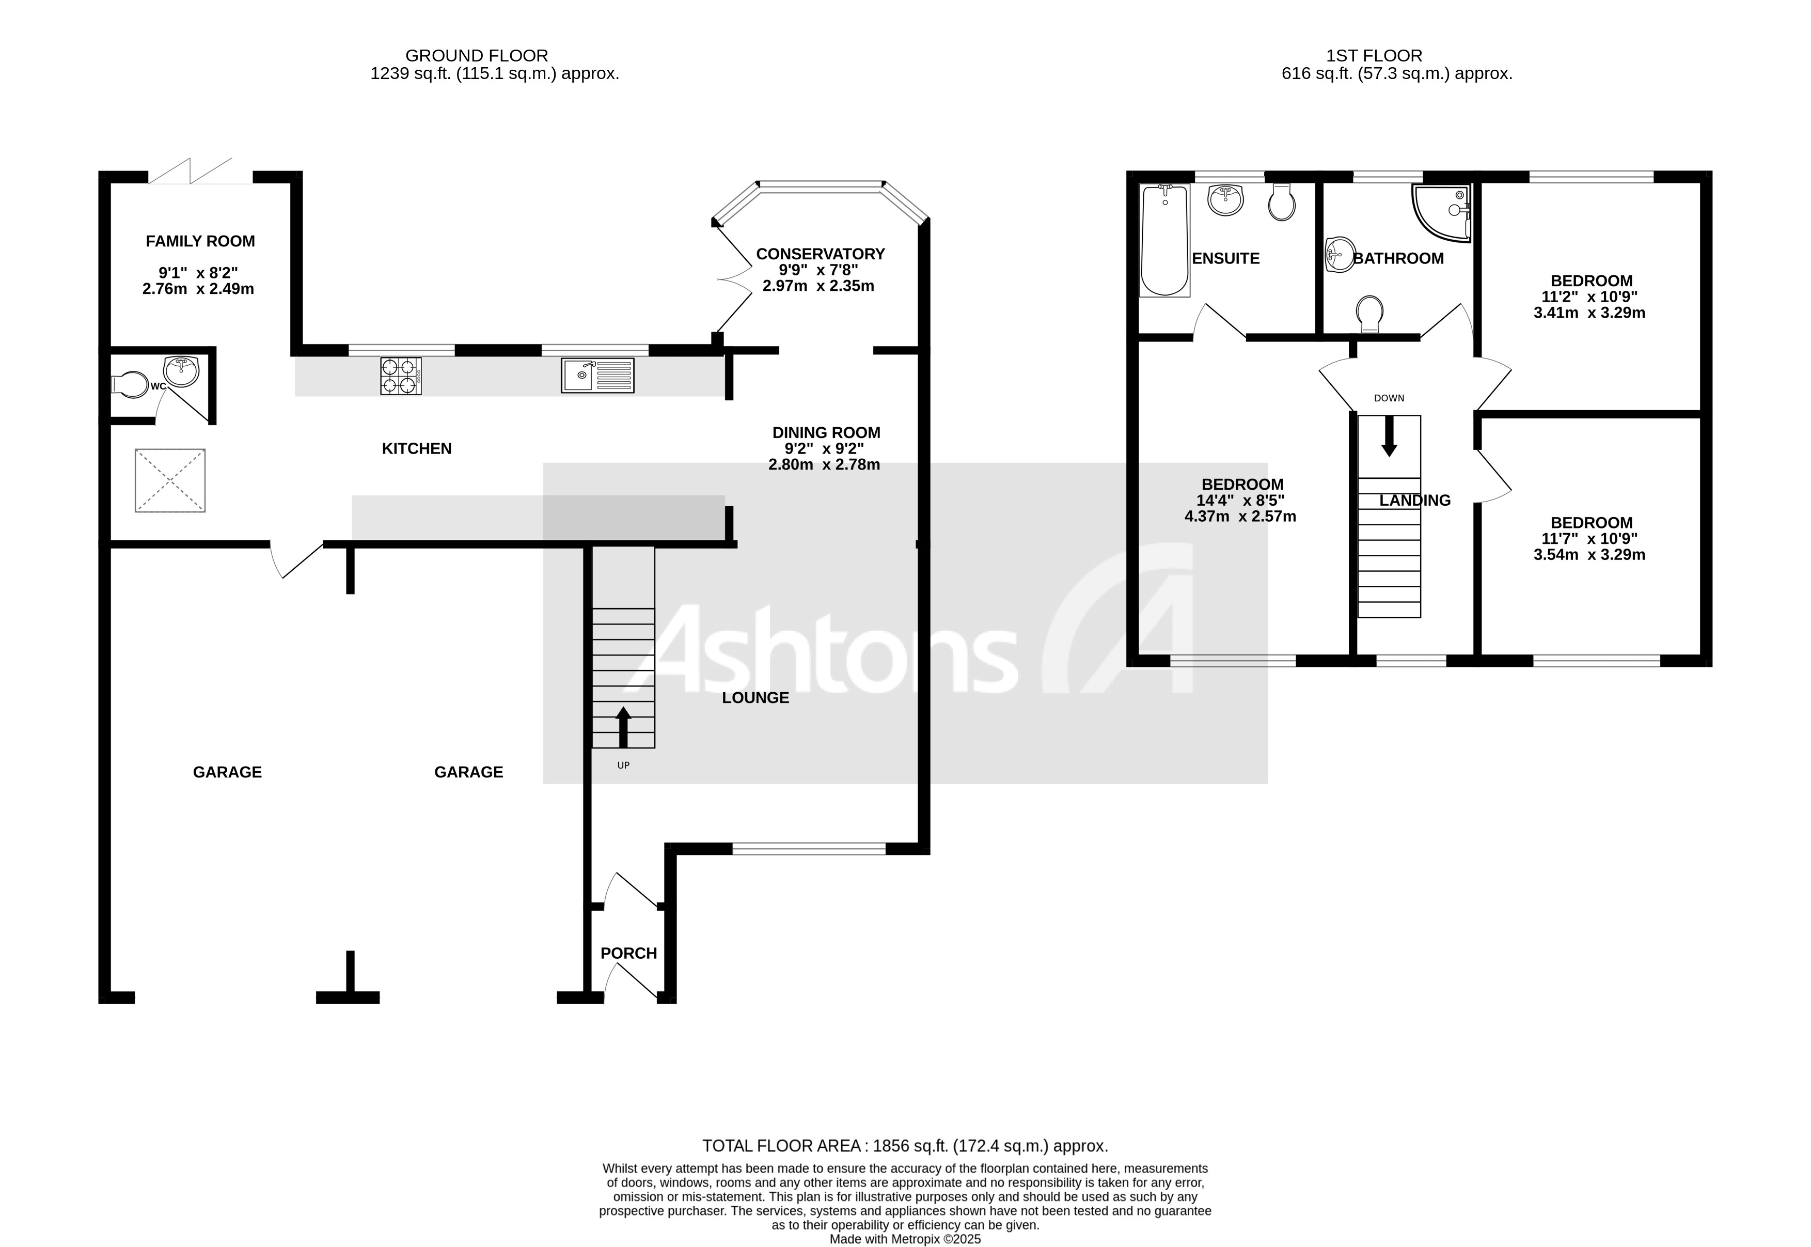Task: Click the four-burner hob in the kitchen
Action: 401,376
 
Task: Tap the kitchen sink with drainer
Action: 597,376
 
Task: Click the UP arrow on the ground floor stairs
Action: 623,727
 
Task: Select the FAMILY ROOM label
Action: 200,241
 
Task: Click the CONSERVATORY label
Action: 820,254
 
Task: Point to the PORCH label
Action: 628,953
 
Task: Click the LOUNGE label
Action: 755,698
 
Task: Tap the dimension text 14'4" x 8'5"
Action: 1240,501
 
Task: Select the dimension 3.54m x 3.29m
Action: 1589,555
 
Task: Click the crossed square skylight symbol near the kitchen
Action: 170,480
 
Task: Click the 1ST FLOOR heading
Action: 1374,55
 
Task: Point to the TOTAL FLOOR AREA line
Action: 905,1146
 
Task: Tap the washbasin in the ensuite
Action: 1225,199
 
